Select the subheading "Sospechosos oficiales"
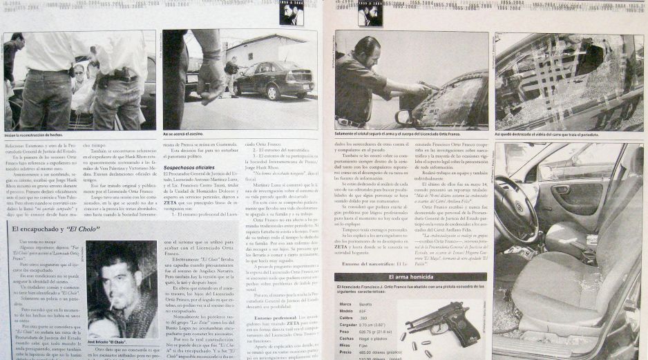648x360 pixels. (189, 168)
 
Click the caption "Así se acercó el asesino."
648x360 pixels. (190, 135)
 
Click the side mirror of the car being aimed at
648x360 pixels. (404, 116)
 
